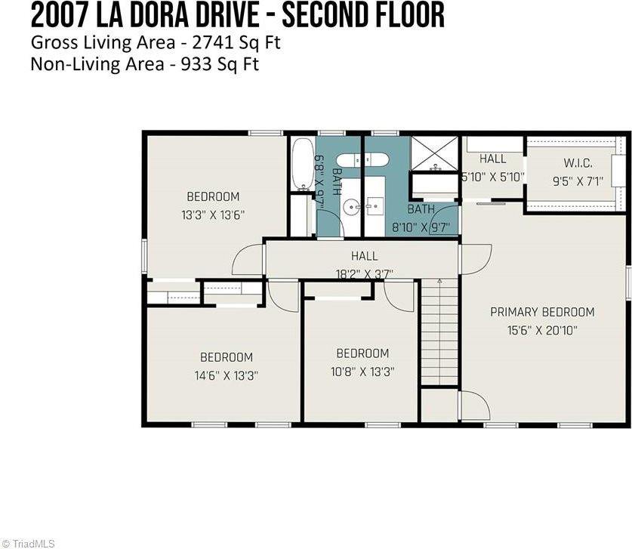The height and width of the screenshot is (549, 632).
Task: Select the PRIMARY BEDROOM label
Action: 542,312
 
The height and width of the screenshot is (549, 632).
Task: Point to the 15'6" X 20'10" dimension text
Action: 542,329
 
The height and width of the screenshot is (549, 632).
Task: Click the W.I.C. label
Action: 578,163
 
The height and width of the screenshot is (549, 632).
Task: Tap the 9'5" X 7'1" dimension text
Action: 578,180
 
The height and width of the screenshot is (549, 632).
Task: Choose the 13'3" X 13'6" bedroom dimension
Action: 213,214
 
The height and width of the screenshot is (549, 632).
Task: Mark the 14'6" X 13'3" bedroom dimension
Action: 226,375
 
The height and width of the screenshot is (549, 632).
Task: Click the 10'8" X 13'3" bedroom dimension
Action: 362,371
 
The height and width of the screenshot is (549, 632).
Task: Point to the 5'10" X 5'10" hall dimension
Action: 492,177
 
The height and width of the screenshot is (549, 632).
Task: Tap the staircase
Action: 439,332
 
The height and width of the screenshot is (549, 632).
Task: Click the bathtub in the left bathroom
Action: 302,164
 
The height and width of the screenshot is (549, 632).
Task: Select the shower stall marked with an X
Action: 434,153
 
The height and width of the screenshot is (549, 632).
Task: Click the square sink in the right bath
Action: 375,205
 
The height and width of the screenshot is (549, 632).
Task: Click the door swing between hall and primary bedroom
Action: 475,259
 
